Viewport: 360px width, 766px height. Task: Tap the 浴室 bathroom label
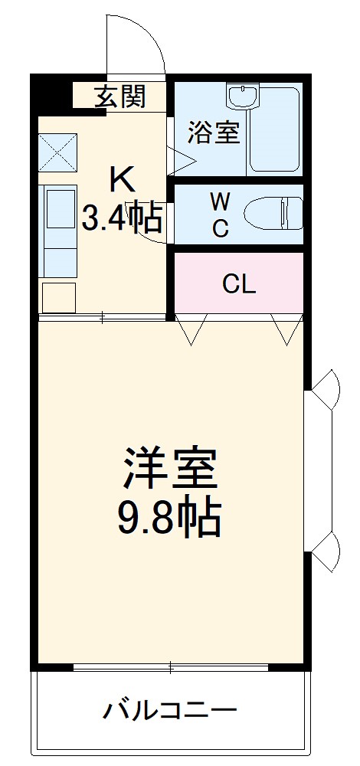[x=215, y=132]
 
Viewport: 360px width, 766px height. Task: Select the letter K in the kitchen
[x=123, y=180]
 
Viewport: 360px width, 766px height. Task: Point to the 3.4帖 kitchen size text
[x=123, y=218]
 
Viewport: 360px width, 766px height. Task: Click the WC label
[x=220, y=215]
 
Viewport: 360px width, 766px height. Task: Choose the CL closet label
[x=238, y=284]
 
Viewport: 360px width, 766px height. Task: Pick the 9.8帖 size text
[x=169, y=519]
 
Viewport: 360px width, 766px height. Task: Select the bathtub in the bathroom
[x=275, y=130]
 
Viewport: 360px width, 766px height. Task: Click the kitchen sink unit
[x=59, y=230]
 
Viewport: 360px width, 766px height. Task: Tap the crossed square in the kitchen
[x=59, y=152]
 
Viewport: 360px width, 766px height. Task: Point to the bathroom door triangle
[x=181, y=159]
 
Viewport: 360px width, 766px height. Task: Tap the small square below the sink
[x=59, y=297]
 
